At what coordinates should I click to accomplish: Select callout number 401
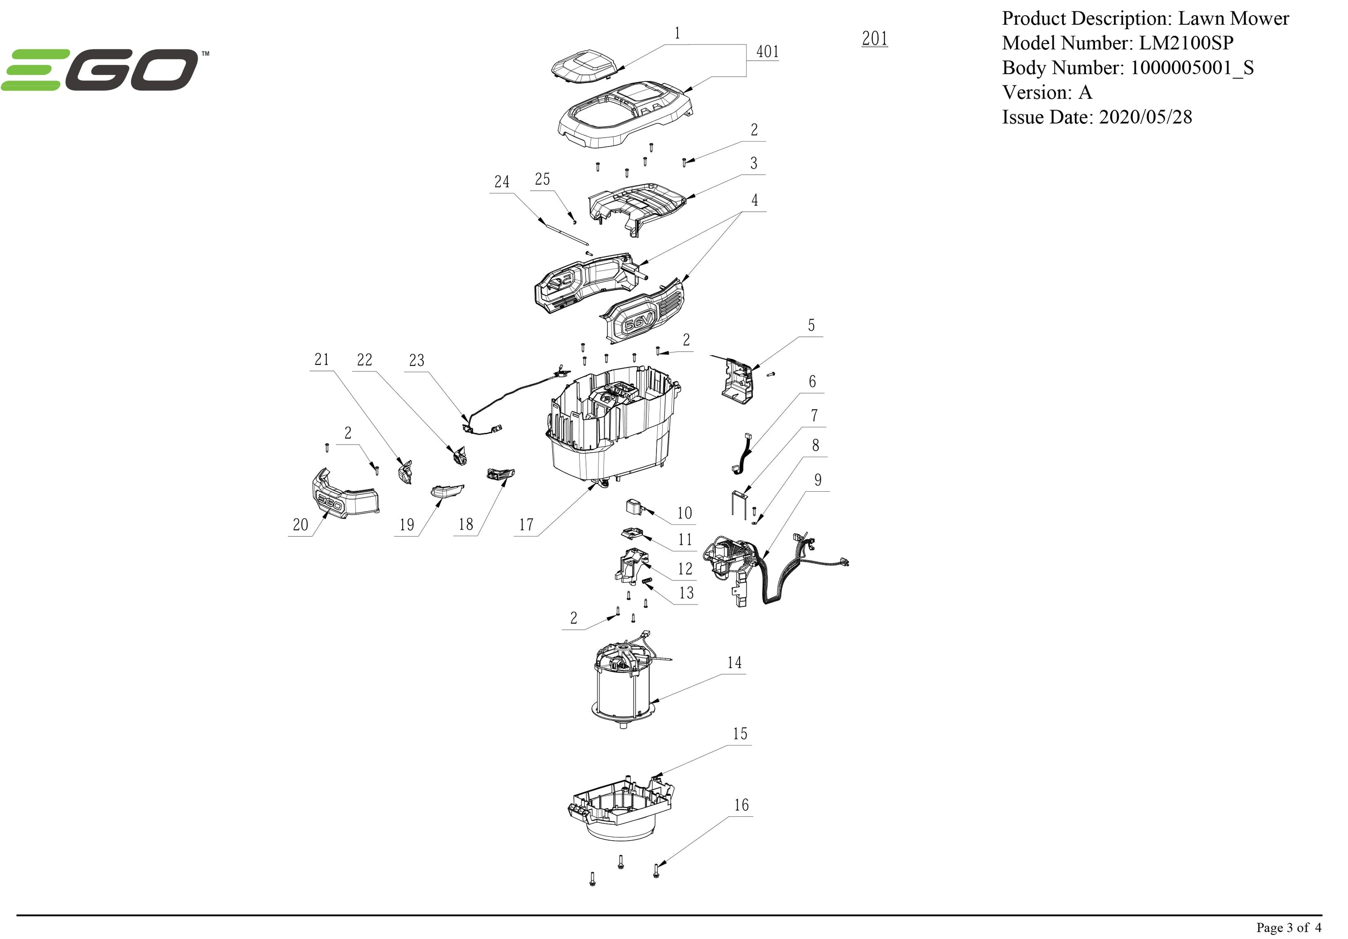[767, 52]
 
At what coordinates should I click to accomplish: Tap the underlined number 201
[874, 39]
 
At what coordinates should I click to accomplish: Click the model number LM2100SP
[1186, 43]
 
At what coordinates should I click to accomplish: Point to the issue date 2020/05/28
[1145, 117]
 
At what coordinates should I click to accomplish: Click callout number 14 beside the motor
[735, 663]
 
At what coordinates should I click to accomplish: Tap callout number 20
[300, 525]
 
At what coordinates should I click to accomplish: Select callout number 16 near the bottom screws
[741, 805]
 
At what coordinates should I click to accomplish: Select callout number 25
[542, 179]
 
